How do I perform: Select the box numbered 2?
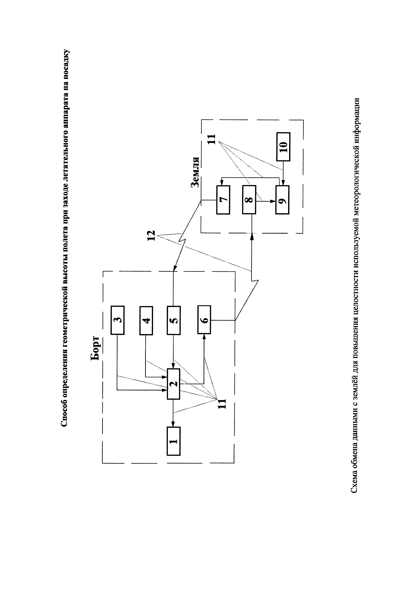click(174, 384)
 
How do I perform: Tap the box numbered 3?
click(118, 320)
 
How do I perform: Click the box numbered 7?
click(223, 200)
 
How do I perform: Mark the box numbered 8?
click(249, 200)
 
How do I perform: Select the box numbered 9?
click(282, 200)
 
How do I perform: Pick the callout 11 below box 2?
click(222, 404)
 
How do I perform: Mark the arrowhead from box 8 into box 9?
click(273, 202)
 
